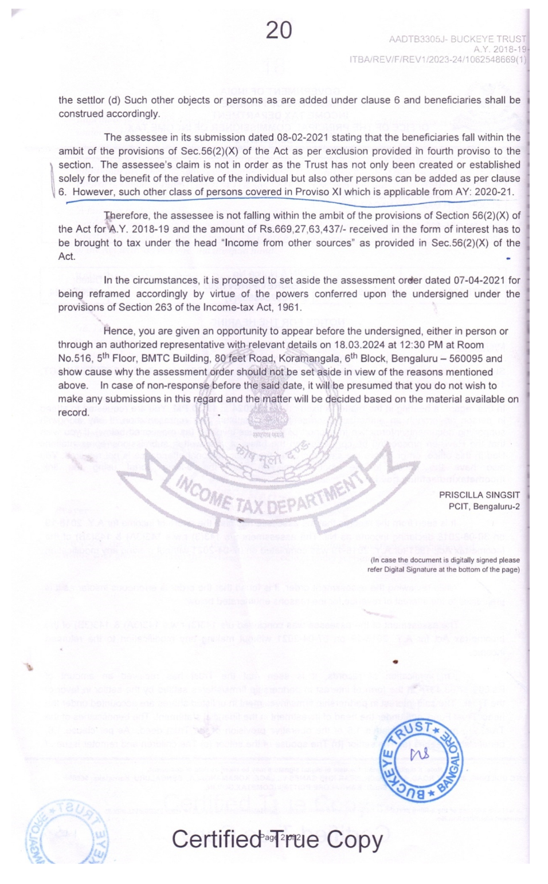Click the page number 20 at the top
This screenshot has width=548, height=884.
[279, 30]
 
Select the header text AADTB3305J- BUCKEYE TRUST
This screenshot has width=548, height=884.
[457, 40]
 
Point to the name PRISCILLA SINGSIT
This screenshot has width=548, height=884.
[479, 495]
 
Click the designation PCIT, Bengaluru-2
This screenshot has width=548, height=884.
[484, 507]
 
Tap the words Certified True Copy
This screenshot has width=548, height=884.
[277, 839]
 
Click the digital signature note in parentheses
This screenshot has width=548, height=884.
[444, 565]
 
